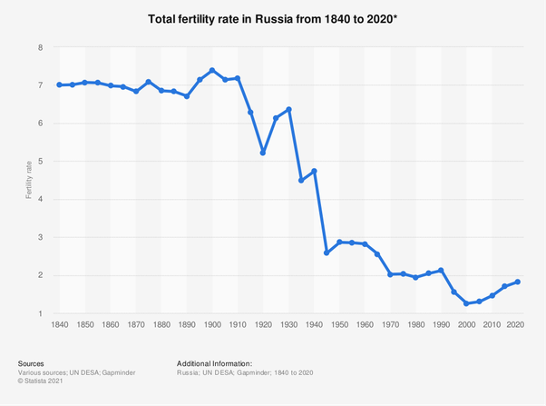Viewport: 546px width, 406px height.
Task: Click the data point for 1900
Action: point(212,70)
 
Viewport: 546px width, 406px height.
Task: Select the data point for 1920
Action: point(263,153)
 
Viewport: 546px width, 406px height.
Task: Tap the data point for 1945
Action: point(327,253)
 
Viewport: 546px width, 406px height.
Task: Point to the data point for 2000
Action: point(466,303)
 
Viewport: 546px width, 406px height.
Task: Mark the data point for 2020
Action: point(517,282)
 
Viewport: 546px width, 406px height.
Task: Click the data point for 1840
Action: point(60,84)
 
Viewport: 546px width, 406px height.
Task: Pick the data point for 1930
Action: point(288,109)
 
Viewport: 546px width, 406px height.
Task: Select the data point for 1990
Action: point(441,270)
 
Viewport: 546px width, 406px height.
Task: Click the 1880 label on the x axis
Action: point(161,324)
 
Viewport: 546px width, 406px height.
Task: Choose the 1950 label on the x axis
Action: point(339,324)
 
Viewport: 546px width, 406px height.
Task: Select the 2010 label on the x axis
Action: point(492,324)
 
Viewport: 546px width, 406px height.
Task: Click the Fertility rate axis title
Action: point(29,180)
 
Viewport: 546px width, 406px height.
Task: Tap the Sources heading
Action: point(31,363)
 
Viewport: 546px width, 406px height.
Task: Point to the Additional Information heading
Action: point(214,363)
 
